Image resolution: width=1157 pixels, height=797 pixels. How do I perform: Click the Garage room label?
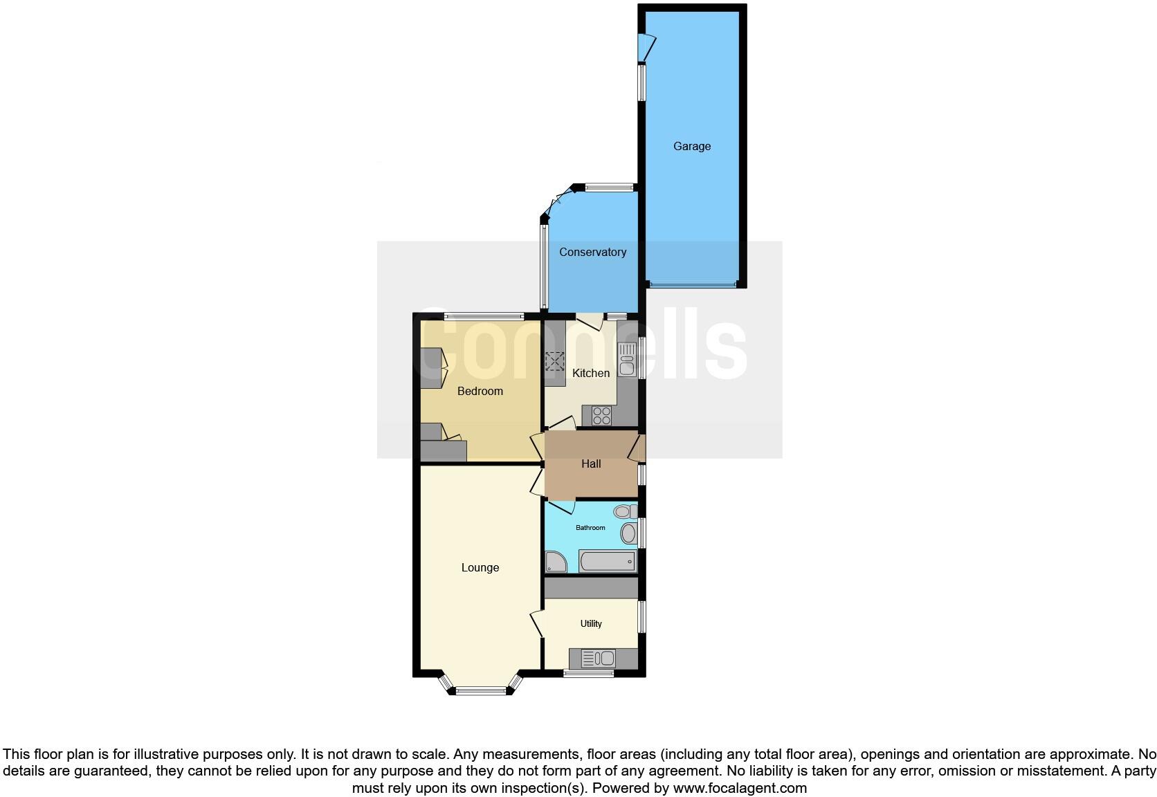point(692,147)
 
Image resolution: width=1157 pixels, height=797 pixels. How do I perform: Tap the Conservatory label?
point(592,253)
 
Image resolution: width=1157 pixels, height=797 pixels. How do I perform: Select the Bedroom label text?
point(480,392)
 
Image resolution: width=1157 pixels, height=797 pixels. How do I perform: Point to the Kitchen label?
point(591,374)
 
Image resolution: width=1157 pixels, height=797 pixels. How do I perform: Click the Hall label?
point(591,464)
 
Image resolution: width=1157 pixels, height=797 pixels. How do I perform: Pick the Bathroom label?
point(590,528)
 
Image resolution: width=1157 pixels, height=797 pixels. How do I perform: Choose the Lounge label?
point(480,568)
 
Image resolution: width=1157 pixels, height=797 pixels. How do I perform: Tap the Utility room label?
point(590,624)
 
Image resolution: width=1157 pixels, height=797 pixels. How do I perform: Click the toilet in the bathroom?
point(624,512)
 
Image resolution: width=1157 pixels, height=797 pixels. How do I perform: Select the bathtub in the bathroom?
point(608,561)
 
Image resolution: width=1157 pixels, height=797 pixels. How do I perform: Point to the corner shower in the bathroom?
point(555,562)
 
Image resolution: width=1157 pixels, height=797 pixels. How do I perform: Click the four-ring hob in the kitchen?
point(601,416)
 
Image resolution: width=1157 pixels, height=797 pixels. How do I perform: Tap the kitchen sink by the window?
point(627,360)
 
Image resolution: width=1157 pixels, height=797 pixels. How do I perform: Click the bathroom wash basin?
point(628,533)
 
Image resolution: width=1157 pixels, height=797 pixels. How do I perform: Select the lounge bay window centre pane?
point(481,690)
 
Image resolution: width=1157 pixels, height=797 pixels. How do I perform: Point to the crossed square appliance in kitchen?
point(555,361)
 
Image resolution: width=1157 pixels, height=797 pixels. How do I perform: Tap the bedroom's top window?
point(484,316)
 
